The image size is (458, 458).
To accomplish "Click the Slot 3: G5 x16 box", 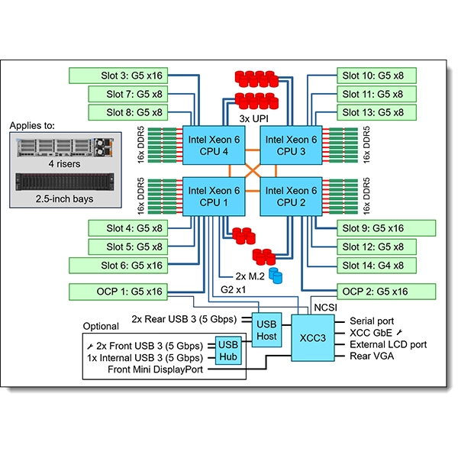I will pyautogui.click(x=118, y=76).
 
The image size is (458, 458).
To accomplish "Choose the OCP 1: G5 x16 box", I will pyautogui.click(x=118, y=291).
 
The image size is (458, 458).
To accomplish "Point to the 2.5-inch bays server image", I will pyautogui.click(x=61, y=184).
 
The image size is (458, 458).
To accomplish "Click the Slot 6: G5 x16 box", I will pyautogui.click(x=118, y=265).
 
